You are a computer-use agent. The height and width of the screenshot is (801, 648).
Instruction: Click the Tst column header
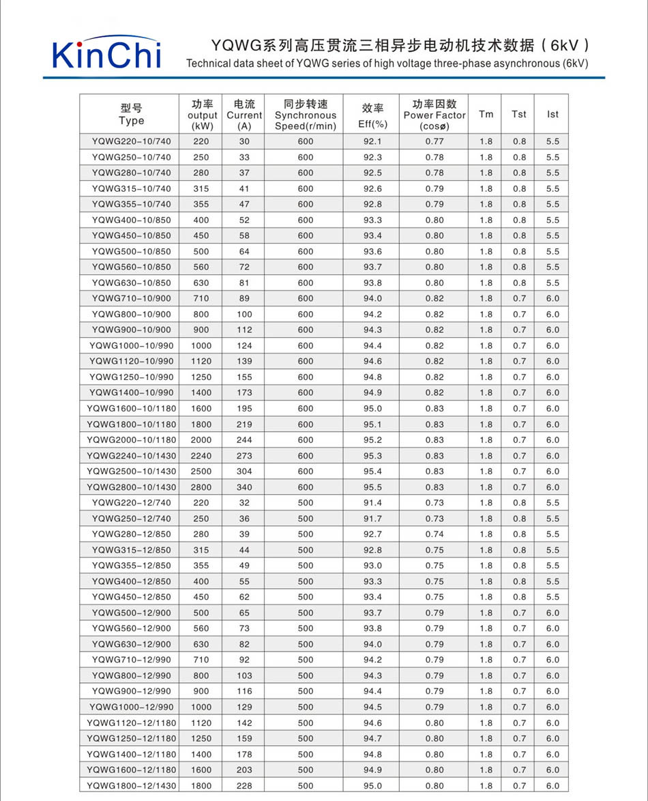[x=519, y=114]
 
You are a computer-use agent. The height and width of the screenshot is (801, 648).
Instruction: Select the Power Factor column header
[x=435, y=115]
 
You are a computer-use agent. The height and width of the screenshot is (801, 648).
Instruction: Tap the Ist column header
[x=553, y=114]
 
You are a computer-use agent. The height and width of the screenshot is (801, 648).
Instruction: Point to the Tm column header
[x=486, y=114]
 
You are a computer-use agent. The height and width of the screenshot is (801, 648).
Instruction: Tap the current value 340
[x=244, y=487]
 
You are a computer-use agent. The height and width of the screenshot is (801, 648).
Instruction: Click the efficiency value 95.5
[x=372, y=487]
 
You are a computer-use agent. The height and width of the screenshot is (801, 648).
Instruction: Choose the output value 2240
[x=201, y=456]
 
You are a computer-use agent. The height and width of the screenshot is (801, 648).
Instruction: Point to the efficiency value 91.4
[x=372, y=503]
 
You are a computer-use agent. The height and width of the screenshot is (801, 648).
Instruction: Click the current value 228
[x=244, y=785]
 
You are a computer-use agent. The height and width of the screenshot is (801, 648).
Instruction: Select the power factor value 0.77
[x=435, y=141]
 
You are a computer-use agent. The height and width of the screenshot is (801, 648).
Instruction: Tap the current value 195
[x=244, y=409]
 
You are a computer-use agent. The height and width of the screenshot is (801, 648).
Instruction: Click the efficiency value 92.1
[x=372, y=141]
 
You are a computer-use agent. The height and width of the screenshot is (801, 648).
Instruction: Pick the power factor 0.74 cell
[x=435, y=534]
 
